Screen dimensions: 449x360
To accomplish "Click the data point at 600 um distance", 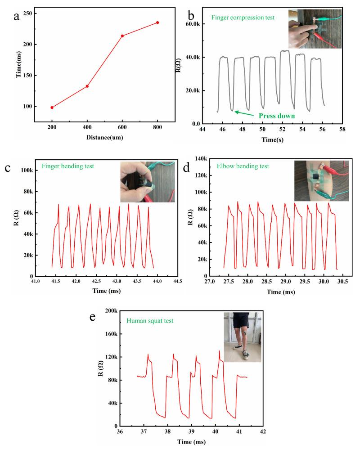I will point(122,36).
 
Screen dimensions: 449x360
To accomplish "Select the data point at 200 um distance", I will point(52,108).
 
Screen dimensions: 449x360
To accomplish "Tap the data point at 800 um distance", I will point(157,22).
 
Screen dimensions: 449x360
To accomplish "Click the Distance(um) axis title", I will point(105,137).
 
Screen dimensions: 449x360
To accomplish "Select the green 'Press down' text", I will point(277,116).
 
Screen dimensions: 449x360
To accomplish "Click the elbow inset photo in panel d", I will point(321,180).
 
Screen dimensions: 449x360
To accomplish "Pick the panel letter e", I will point(93,317).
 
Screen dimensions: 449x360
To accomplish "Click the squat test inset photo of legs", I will point(243,337).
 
